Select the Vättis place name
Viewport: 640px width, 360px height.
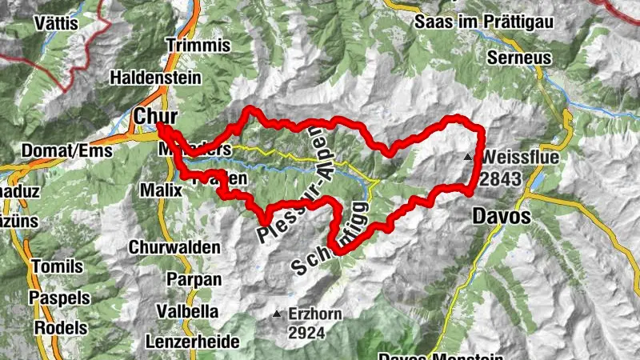pyautogui.click(x=57, y=23)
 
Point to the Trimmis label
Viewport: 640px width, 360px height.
pyautogui.click(x=193, y=46)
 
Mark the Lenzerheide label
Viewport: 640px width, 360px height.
pyautogui.click(x=193, y=342)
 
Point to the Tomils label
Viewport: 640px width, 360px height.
pyautogui.click(x=50, y=266)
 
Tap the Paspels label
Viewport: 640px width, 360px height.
pyautogui.click(x=53, y=297)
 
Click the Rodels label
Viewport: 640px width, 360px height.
pyautogui.click(x=53, y=327)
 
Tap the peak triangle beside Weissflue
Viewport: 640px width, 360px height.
pyautogui.click(x=469, y=157)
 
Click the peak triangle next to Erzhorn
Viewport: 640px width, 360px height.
pyautogui.click(x=278, y=314)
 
